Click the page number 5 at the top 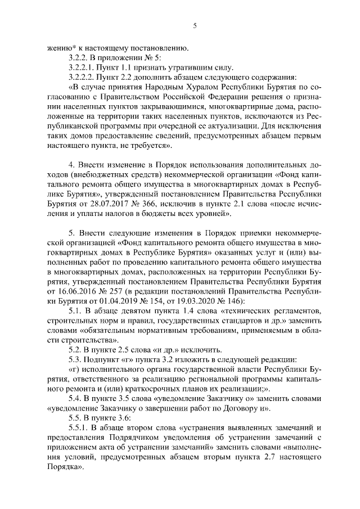click(x=194, y=25)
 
